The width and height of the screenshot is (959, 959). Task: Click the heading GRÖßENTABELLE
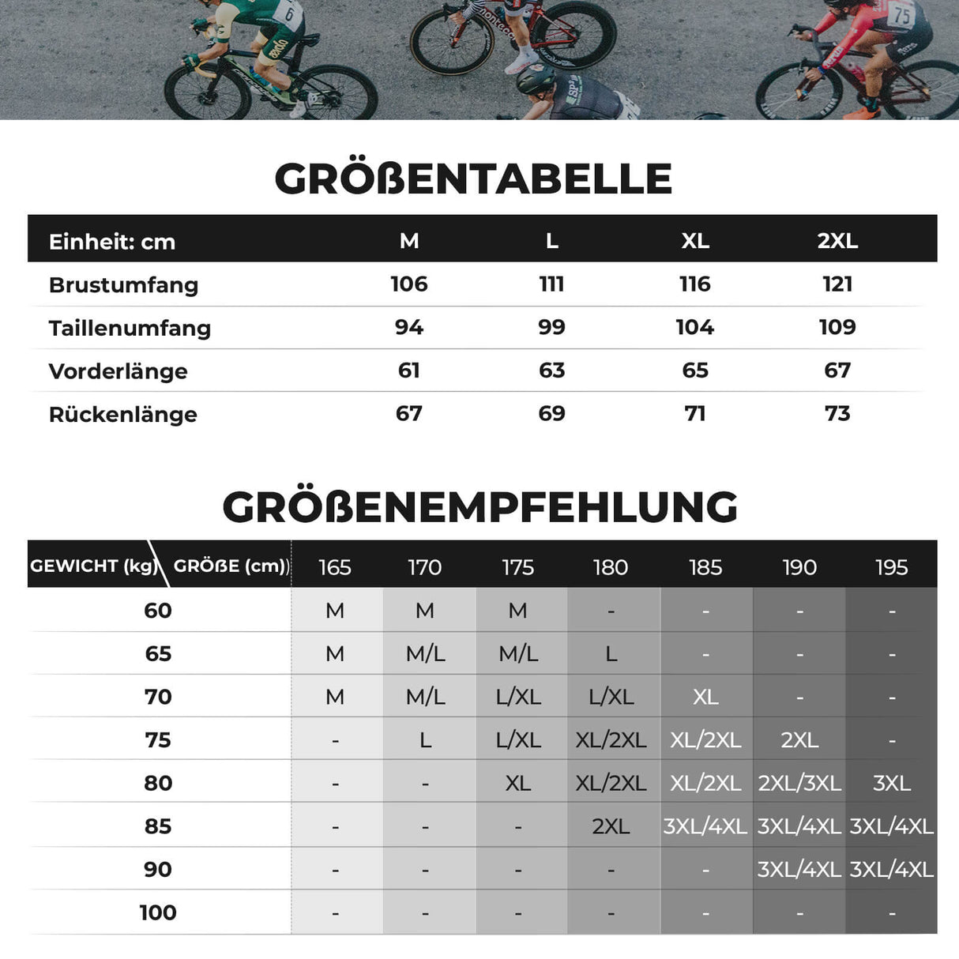click(473, 179)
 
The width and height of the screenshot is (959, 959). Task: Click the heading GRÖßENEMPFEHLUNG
click(479, 507)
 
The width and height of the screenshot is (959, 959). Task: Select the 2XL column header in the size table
click(837, 241)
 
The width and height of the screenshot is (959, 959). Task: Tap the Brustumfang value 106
click(408, 284)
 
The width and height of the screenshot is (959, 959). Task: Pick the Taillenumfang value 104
click(694, 327)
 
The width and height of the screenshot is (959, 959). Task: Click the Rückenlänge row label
click(122, 415)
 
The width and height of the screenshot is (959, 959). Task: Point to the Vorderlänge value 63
click(551, 370)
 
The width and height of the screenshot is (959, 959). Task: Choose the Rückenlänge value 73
click(837, 413)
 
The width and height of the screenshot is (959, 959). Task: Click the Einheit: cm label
click(111, 242)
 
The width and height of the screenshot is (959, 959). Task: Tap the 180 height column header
click(611, 567)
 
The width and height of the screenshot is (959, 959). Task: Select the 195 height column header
click(892, 567)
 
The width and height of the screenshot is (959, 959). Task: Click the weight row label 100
click(158, 912)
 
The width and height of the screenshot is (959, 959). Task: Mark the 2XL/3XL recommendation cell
click(799, 783)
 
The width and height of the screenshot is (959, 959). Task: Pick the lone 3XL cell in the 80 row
click(892, 783)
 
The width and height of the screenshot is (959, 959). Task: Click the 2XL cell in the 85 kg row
click(611, 826)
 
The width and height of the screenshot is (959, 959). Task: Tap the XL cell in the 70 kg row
click(705, 697)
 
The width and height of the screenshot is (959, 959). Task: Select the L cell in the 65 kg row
click(611, 654)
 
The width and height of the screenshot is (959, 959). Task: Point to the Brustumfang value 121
click(837, 284)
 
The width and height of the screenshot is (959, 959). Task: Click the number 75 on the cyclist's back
click(901, 14)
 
